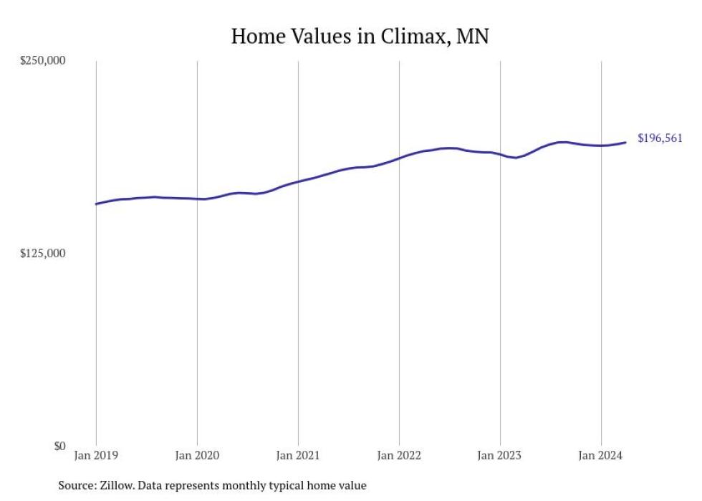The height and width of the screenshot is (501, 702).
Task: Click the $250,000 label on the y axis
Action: pos(42,60)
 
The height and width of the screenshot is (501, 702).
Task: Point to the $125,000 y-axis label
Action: pos(42,253)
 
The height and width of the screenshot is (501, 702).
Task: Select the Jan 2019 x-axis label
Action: pos(96,455)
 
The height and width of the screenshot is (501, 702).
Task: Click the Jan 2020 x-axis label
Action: pos(197,455)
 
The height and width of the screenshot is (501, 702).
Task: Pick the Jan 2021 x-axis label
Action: pos(298,455)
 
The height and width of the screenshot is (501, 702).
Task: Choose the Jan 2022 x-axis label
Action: pos(399,455)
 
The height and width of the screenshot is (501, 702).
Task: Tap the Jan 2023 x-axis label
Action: pos(500,455)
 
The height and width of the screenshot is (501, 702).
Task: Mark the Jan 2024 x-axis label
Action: pos(601,455)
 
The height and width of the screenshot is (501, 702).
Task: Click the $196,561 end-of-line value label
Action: pos(659,138)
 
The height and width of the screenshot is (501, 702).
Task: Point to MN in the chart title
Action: pos(473,37)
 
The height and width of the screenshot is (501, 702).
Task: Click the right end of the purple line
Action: pos(626,142)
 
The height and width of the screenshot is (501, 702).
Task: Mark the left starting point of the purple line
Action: pos(96,204)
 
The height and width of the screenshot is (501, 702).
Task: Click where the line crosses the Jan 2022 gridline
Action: pos(399,158)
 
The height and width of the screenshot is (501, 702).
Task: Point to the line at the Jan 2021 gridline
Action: pos(298,181)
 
